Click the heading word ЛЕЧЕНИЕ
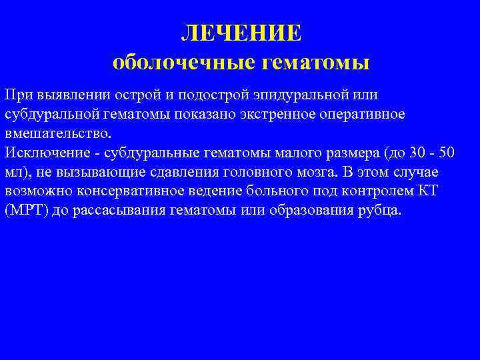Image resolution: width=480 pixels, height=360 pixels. [241, 32]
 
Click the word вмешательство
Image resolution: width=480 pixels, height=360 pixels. [55, 133]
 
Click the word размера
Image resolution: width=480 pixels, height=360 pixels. [353, 153]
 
